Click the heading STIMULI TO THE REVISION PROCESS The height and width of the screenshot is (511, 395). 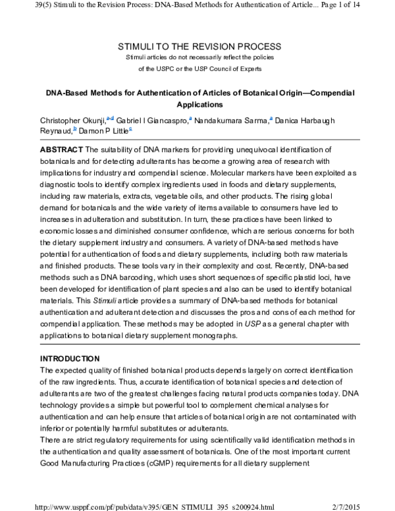point(198,47)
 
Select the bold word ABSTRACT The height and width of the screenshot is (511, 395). point(62,151)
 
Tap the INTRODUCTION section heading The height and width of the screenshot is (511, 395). point(70,358)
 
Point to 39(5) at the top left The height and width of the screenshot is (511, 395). point(13,5)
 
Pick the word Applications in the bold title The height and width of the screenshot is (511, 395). point(197,104)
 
